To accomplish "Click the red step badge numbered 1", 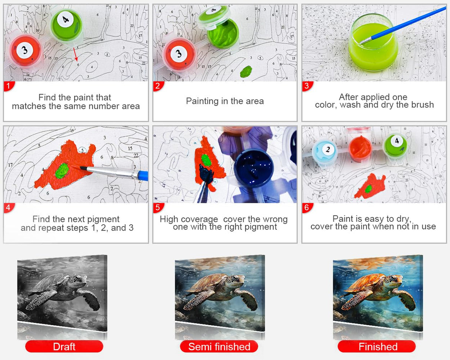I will click(x=9, y=86).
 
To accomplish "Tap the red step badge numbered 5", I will click(x=158, y=208).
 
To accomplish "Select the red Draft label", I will click(x=64, y=346).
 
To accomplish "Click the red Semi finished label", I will click(x=219, y=346).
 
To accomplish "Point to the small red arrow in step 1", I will click(x=76, y=54).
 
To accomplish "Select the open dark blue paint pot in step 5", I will click(x=254, y=167).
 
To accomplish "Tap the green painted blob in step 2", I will click(x=246, y=71).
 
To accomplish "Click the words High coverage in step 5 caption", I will click(x=189, y=219).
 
